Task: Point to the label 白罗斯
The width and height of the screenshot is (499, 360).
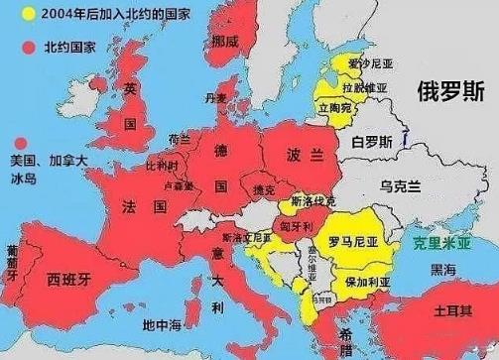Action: pos(372,142)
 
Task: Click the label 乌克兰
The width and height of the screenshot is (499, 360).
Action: pos(401,185)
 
